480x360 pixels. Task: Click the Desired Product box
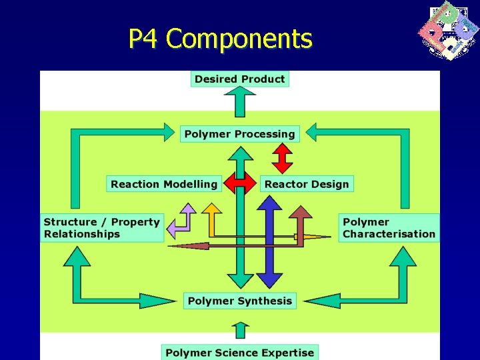pyautogui.click(x=239, y=79)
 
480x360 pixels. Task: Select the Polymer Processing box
pyautogui.click(x=239, y=134)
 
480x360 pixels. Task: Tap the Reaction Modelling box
pyautogui.click(x=164, y=184)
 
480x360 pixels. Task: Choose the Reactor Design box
pyautogui.click(x=307, y=184)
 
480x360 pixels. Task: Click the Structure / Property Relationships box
pyautogui.click(x=102, y=228)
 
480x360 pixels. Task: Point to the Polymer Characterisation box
pyautogui.click(x=389, y=228)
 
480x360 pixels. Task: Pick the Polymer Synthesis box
pyautogui.click(x=239, y=301)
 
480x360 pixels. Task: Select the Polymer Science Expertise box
pyautogui.click(x=239, y=353)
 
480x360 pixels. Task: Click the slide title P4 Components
pyautogui.click(x=220, y=39)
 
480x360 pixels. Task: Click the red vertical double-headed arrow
pyautogui.click(x=283, y=159)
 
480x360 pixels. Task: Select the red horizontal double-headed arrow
pyautogui.click(x=240, y=183)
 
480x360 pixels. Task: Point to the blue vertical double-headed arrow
pyautogui.click(x=269, y=243)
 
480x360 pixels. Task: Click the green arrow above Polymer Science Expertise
pyautogui.click(x=240, y=331)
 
